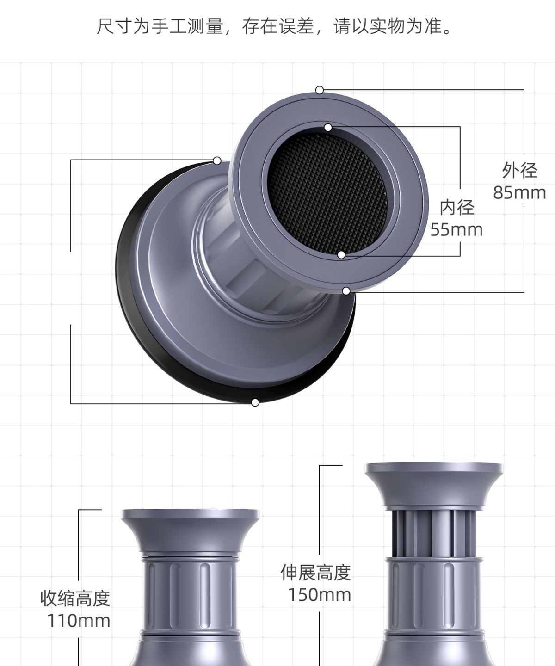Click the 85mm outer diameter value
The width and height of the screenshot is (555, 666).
519,193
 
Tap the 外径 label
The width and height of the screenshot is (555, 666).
520,170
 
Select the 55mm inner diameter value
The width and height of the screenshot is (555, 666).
456,230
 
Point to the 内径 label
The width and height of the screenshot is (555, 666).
457,207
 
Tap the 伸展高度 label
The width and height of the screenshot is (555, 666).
316,572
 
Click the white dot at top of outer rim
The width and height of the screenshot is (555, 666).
319,90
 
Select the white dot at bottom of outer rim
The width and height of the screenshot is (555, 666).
346,291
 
